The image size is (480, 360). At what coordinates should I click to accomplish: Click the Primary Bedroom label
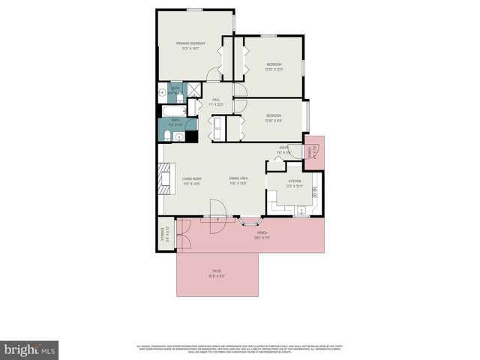click(190, 43)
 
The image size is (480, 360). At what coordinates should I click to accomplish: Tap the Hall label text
click(216, 100)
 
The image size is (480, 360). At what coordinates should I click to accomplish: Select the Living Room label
click(191, 178)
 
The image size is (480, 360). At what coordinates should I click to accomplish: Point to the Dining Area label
click(238, 178)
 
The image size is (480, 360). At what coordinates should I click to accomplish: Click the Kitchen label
click(295, 181)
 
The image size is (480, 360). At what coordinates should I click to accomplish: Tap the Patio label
click(216, 271)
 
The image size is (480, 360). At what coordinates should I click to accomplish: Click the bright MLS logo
click(29, 349)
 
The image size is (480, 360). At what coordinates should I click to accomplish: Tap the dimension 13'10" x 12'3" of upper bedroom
click(274, 70)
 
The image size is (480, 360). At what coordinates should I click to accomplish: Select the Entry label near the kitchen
click(284, 148)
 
